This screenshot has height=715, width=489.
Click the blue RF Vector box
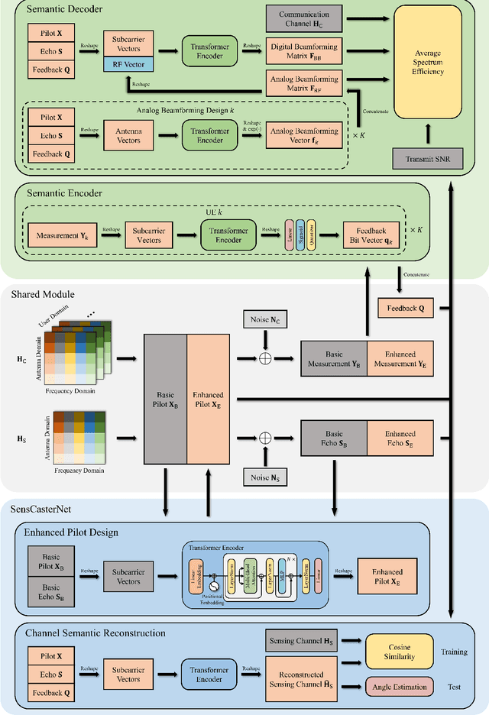(128, 64)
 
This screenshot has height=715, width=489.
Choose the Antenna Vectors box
(128, 136)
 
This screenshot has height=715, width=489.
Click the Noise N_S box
(265, 477)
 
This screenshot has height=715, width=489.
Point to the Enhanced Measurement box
(400, 359)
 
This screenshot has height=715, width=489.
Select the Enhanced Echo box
(400, 438)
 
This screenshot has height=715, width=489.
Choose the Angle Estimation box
(398, 687)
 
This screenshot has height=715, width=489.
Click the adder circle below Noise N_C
(265, 358)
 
